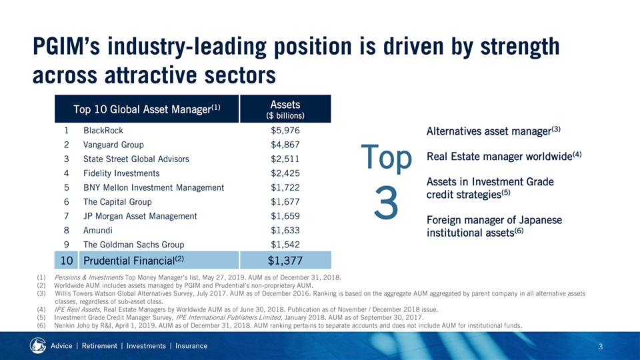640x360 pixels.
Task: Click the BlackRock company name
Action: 103,131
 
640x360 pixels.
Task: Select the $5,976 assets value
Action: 285,131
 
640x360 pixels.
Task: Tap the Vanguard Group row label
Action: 113,145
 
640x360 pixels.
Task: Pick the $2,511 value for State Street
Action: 285,159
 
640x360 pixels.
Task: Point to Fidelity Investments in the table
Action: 121,173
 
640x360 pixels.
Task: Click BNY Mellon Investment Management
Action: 153,188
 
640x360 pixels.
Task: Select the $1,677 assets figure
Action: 285,202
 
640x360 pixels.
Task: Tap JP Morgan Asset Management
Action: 140,216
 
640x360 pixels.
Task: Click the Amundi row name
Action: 98,231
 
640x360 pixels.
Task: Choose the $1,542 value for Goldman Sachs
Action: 285,245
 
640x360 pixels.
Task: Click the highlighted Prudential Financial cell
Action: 159,260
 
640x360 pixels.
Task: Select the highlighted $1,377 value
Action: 285,260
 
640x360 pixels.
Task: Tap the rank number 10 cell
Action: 67,260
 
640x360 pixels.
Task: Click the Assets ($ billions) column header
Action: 285,109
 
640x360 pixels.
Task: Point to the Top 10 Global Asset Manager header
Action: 147,109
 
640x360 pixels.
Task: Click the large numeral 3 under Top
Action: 386,203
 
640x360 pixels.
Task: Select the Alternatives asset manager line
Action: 493,131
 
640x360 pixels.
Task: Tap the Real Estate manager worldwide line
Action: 504,156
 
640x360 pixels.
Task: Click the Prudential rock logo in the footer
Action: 37,346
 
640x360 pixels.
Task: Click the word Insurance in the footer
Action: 191,346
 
